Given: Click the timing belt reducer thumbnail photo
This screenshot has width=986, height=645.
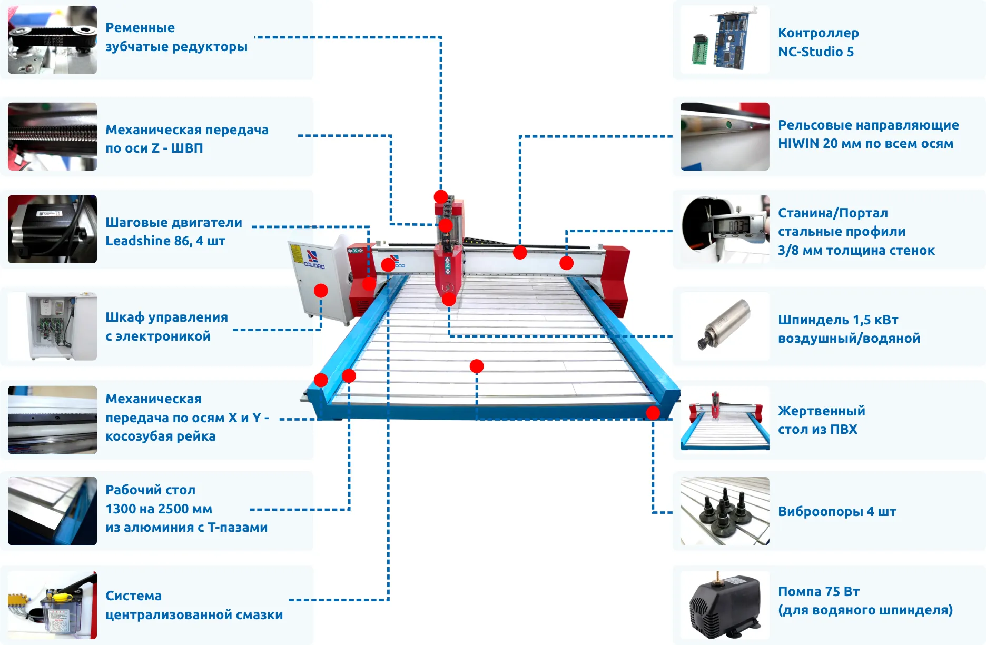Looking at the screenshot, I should (52, 39).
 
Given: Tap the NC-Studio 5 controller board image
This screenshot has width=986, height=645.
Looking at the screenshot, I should (725, 39).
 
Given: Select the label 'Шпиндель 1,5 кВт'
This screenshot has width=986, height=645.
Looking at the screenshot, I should (837, 320).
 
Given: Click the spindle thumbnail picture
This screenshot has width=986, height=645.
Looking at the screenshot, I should (725, 326).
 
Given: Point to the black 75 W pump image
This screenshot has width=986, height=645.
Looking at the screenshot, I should (725, 606).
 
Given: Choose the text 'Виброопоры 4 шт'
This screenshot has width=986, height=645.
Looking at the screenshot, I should (836, 511).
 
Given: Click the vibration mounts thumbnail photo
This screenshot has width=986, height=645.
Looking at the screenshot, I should (725, 511).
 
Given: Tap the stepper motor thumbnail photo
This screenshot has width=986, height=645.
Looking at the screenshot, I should (52, 229).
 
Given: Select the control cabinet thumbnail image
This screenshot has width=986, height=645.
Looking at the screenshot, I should (52, 326).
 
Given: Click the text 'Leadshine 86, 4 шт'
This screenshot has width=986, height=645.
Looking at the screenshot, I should (165, 241).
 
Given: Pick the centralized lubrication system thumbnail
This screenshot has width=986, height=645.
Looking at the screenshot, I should (52, 606).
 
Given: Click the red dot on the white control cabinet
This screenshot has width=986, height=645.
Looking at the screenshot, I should (321, 291).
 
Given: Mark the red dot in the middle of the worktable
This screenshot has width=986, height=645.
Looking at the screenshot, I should (477, 366).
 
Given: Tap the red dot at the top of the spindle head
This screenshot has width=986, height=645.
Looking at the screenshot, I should (441, 196).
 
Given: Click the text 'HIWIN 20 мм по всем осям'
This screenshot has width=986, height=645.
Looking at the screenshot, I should (865, 143).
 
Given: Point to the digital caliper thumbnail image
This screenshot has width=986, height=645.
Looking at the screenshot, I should (725, 229).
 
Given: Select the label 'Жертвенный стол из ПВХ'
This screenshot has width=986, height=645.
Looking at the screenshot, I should (821, 420).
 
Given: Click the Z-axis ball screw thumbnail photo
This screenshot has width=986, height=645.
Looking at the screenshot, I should (52, 136).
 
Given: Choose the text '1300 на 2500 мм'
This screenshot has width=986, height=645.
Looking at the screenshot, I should (159, 509).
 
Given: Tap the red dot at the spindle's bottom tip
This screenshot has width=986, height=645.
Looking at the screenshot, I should (449, 300).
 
